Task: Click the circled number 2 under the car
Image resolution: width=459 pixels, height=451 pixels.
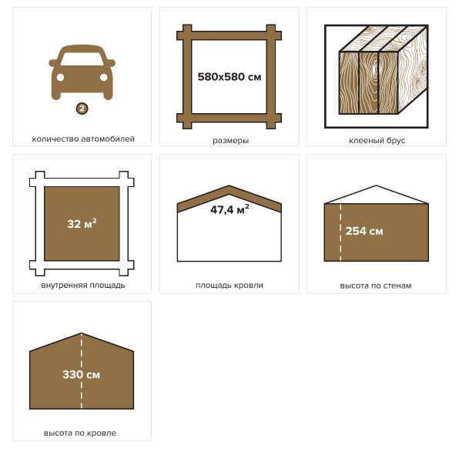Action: tap(82, 109)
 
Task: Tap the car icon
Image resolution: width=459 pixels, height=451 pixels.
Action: tap(82, 72)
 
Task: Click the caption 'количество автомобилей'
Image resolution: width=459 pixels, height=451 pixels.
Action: tap(83, 139)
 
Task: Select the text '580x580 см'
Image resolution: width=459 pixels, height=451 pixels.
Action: tap(229, 77)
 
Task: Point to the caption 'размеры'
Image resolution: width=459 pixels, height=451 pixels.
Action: tap(231, 140)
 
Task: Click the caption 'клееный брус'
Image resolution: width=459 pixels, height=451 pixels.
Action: tap(377, 140)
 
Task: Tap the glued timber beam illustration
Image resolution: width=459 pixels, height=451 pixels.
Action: tap(377, 76)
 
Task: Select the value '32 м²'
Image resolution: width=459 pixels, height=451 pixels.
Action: tap(82, 223)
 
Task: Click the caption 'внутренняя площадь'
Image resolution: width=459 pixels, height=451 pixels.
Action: tap(83, 286)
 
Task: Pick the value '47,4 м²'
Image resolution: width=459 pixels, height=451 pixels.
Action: tap(229, 209)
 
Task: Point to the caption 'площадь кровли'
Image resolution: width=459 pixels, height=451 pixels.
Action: tap(229, 286)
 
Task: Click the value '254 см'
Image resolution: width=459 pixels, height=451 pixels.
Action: tap(364, 231)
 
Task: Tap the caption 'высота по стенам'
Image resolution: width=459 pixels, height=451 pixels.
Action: tap(376, 286)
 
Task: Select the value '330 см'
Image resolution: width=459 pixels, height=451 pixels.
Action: tap(81, 374)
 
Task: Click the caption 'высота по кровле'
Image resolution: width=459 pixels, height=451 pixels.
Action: tap(80, 433)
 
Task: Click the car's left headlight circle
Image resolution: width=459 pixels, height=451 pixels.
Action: tap(60, 77)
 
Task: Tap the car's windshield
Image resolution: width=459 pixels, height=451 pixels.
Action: tap(82, 58)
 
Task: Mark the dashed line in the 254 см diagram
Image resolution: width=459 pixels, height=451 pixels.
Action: tap(340, 232)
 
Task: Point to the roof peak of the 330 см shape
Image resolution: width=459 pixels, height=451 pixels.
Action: tap(82, 333)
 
